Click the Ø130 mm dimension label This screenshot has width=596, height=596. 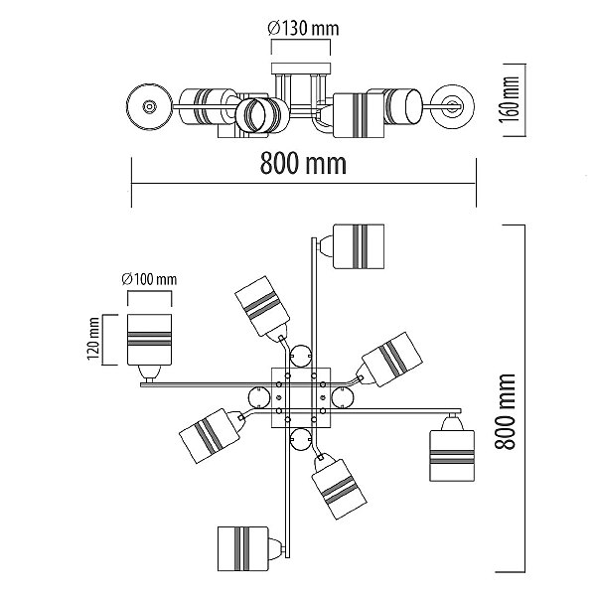(x=303, y=29)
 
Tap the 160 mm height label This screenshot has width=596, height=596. (x=510, y=99)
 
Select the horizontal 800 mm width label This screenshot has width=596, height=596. (x=303, y=164)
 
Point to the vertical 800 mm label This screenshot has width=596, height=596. (x=506, y=411)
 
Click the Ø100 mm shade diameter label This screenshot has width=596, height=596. (x=149, y=279)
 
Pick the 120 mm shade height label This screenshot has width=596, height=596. (x=93, y=339)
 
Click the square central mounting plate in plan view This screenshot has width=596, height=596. (x=301, y=398)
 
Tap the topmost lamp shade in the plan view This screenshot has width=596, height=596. (x=359, y=246)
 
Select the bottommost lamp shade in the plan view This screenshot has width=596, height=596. (x=243, y=548)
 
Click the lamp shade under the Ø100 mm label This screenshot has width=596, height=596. (x=149, y=340)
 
